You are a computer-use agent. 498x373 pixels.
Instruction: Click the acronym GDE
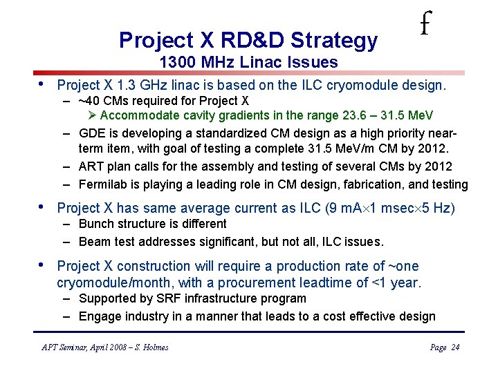point(92,133)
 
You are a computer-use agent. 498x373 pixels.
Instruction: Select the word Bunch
point(95,224)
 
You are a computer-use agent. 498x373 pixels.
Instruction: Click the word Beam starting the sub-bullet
point(94,242)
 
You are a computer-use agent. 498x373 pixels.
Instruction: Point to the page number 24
point(454,347)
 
